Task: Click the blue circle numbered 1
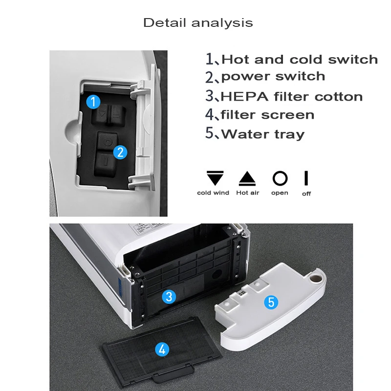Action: coord(93,102)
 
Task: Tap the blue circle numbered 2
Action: coord(120,152)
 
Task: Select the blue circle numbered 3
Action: coord(169,296)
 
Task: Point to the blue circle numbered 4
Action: coord(162,349)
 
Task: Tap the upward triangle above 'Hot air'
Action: coord(247,178)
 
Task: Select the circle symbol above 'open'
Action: coord(280,178)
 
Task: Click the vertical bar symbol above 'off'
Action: coord(306,178)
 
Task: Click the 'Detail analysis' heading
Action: coord(198,22)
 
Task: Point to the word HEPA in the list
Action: coord(241,96)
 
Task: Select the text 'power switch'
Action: coord(273,77)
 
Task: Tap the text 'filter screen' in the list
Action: coord(267,115)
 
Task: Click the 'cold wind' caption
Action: coord(213,193)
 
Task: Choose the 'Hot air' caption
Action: coord(248,193)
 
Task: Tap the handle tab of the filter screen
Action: coord(164,376)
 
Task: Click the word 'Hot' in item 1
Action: coord(236,60)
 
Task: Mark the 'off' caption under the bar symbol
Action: coord(306,194)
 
